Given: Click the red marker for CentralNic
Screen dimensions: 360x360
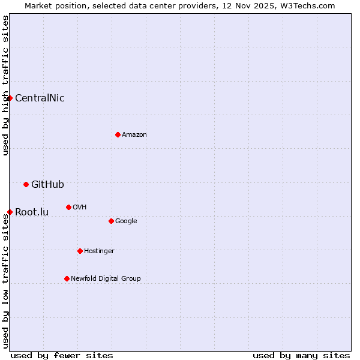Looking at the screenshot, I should pos(10,98).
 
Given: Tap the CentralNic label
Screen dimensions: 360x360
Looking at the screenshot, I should pos(40,98).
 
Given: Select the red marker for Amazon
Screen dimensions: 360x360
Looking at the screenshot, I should pos(118,134).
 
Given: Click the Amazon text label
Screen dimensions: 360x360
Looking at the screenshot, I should pos(134,135).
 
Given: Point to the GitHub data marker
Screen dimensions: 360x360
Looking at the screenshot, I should pos(26,184).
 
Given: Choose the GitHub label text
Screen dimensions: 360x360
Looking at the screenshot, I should pos(47,185).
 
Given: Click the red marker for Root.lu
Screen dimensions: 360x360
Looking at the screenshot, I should pos(10,212).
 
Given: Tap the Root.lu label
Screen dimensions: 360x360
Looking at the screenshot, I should pos(32,212).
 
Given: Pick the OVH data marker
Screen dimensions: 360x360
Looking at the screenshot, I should pos(68,207).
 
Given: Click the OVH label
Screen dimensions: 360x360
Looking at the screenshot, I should pos(80,208).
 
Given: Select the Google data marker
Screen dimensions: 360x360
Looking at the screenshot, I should pos(111,221).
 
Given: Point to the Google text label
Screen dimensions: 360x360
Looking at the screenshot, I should pos(126,221).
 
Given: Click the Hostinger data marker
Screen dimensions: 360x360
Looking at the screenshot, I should pos(80,251).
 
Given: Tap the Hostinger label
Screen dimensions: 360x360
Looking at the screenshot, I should pos(99,251).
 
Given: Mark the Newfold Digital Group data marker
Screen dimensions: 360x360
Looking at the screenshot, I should pos(67,278).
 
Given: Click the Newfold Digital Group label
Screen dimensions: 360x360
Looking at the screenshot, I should pos(106,279).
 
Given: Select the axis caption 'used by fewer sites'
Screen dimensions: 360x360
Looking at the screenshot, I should pos(62,355).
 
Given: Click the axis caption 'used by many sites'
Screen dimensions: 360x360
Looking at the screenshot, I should pos(301,355).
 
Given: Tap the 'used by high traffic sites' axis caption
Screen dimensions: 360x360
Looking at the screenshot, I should pos(5,85).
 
